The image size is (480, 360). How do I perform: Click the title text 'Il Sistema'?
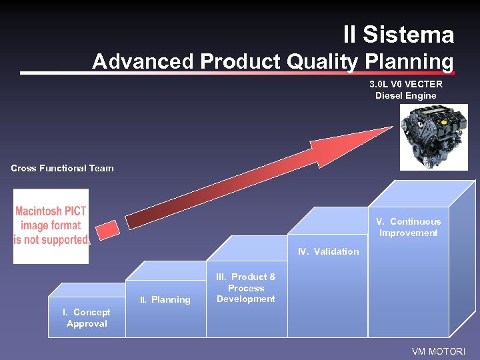pos(399,35)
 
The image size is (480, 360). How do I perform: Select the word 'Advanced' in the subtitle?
pos(143,61)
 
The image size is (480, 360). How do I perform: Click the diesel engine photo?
pos(434,137)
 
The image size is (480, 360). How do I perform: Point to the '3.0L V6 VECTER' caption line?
pos(406,84)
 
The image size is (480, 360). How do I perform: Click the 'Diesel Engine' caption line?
pos(405,95)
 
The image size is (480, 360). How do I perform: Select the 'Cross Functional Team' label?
pos(62,168)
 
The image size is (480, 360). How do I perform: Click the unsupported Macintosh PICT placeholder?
pos(51,226)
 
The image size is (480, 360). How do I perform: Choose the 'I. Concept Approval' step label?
pos(86,318)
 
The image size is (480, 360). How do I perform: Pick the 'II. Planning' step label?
pos(165,299)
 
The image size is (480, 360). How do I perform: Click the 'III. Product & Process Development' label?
pos(246,288)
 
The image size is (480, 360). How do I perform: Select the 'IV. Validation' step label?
pos(328,251)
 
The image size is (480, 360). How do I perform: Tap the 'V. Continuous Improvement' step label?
pos(408,227)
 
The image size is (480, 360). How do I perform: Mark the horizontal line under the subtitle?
pos(237,73)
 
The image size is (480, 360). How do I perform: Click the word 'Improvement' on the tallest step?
pos(408,233)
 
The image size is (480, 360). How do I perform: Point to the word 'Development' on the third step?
pos(246,299)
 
